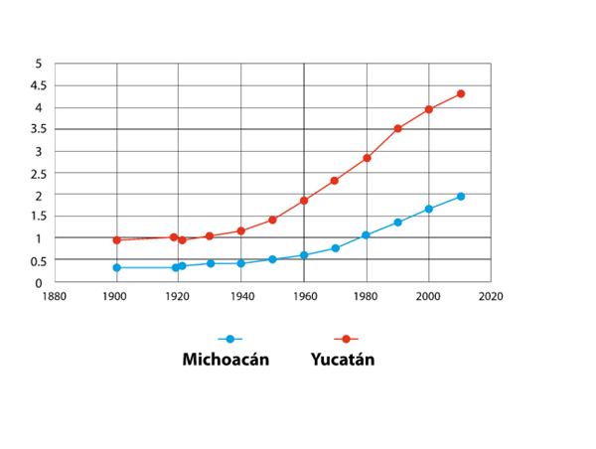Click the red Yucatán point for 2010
click(460, 94)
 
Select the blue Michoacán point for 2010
click(460, 197)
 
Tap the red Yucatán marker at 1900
click(117, 240)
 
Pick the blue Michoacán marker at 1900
click(117, 267)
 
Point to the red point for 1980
click(367, 158)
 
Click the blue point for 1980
click(367, 235)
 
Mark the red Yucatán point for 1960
click(304, 201)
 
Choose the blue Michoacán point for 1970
click(336, 248)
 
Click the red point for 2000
click(429, 109)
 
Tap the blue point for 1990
click(398, 223)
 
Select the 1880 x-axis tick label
click(55, 296)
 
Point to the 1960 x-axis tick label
click(304, 296)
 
